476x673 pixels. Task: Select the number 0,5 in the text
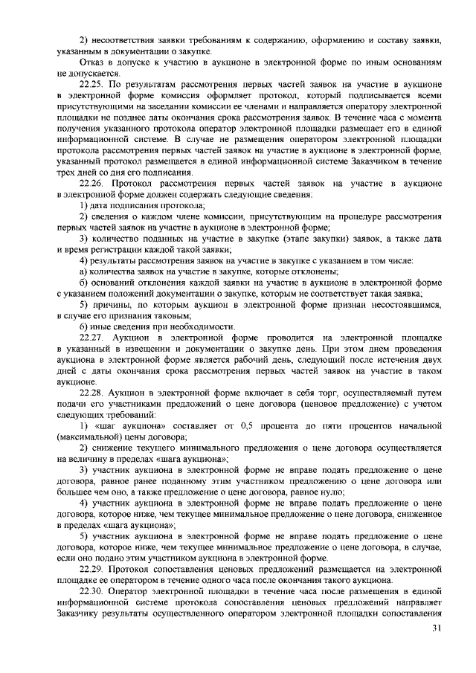point(251,425)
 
